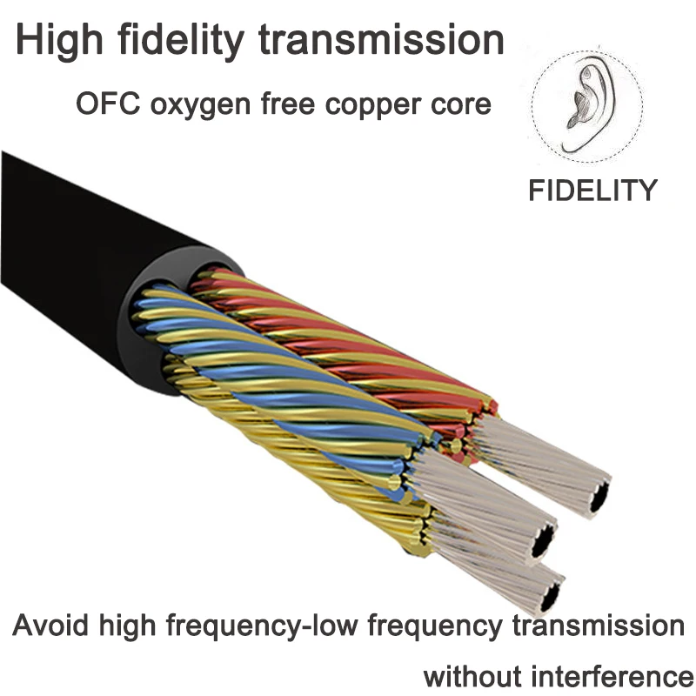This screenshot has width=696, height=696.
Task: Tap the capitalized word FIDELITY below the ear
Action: pyautogui.click(x=592, y=189)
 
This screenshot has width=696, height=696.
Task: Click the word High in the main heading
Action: pyautogui.click(x=56, y=39)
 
